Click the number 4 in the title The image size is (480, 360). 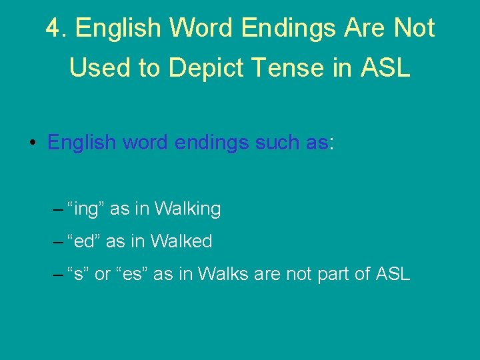coord(54,28)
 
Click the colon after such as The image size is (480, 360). coord(331,143)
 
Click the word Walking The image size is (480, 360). coord(187,209)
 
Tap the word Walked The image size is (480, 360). coord(181,241)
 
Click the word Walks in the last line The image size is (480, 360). coord(221,274)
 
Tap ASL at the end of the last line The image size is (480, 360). coord(393,274)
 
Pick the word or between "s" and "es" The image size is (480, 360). coord(103,274)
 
